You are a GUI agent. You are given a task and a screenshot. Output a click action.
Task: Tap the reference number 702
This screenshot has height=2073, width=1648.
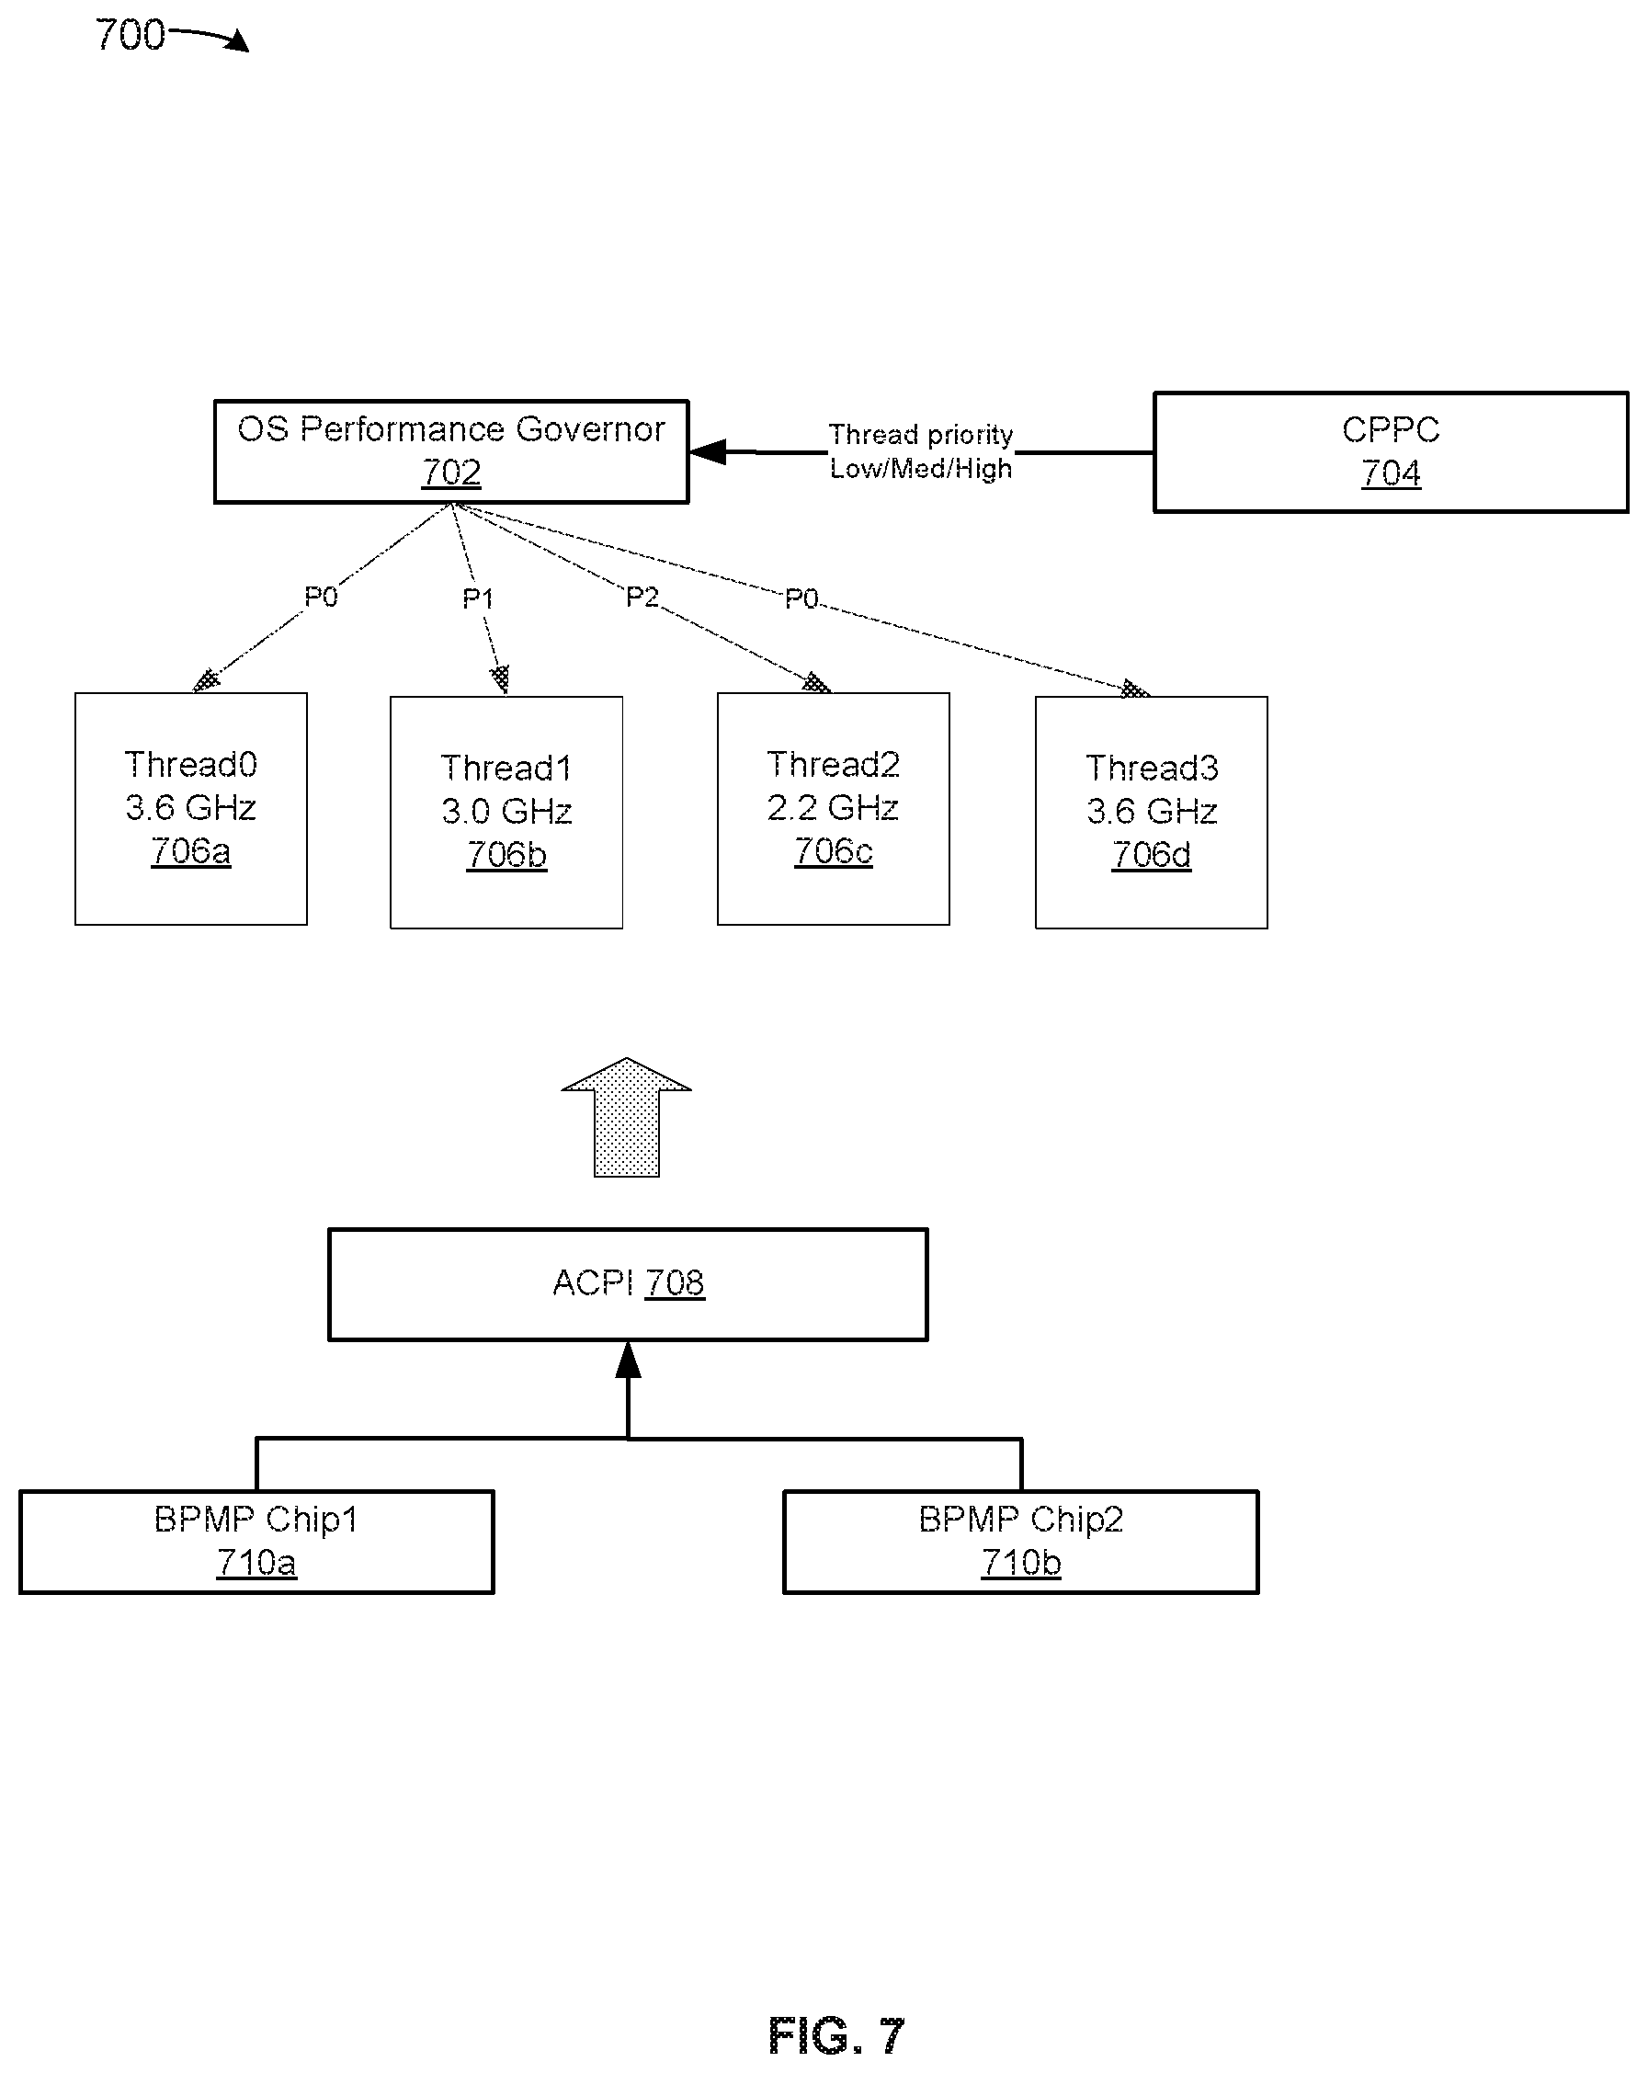451,473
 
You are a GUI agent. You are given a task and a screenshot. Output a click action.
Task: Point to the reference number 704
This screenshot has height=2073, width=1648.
1391,473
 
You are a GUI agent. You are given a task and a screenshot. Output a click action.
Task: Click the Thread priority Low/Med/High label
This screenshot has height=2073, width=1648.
921,451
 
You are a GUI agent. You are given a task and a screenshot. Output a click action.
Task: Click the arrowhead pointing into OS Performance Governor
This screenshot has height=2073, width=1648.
708,451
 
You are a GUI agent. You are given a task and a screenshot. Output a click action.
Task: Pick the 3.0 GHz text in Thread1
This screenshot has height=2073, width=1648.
506,811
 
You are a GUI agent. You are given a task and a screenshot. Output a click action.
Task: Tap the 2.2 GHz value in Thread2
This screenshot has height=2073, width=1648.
833,807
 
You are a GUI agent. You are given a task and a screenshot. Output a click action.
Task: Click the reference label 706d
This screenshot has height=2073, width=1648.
1151,854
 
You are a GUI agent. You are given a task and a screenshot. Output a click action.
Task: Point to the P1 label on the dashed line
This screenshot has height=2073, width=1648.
478,599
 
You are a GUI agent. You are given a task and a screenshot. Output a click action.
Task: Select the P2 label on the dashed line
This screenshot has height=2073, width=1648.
642,598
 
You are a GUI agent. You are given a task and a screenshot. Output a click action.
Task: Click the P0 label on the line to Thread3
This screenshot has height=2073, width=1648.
801,599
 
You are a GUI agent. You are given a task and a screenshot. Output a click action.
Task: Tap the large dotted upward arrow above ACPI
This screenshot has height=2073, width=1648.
626,1116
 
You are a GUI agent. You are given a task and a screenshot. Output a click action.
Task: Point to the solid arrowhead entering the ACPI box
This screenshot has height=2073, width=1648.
628,1360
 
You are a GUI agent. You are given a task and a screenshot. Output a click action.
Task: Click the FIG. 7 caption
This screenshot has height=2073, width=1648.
836,2034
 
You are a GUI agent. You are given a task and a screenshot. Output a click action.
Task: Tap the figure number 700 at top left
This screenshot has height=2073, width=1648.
130,35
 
